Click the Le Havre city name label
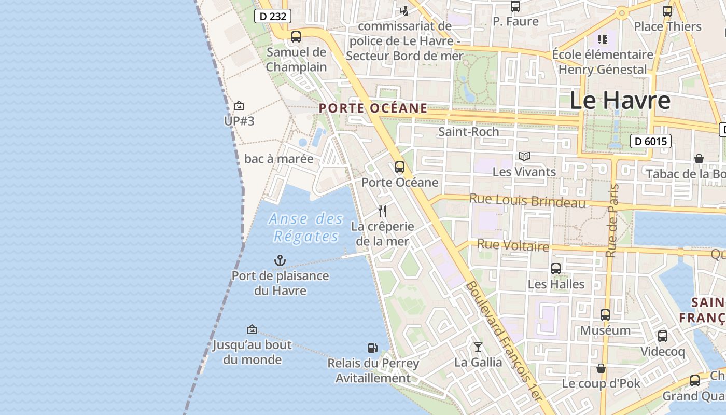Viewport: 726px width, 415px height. (620, 101)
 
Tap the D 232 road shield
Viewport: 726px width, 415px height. (272, 16)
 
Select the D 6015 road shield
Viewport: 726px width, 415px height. (651, 141)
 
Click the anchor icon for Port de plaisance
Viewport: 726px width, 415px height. (280, 260)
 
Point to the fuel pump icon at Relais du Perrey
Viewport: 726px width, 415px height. (372, 348)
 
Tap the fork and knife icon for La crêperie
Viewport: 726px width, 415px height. (382, 211)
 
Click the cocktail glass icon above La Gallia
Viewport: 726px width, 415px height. (478, 347)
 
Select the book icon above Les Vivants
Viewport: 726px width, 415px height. (524, 156)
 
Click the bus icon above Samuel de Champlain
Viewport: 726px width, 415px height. (296, 37)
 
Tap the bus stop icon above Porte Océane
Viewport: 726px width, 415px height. (399, 167)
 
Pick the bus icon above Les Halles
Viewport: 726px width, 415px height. (556, 269)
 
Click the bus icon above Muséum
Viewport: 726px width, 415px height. (605, 315)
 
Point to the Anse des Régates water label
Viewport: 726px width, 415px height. (306, 228)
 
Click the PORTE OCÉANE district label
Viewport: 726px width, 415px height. (373, 108)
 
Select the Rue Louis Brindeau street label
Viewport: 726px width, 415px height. (527, 201)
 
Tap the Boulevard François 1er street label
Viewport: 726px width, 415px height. (503, 340)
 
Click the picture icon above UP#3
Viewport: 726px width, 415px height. (239, 106)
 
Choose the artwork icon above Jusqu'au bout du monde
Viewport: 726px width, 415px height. (252, 329)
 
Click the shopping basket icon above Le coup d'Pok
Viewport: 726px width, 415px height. (601, 368)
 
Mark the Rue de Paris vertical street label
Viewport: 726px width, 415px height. (612, 220)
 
